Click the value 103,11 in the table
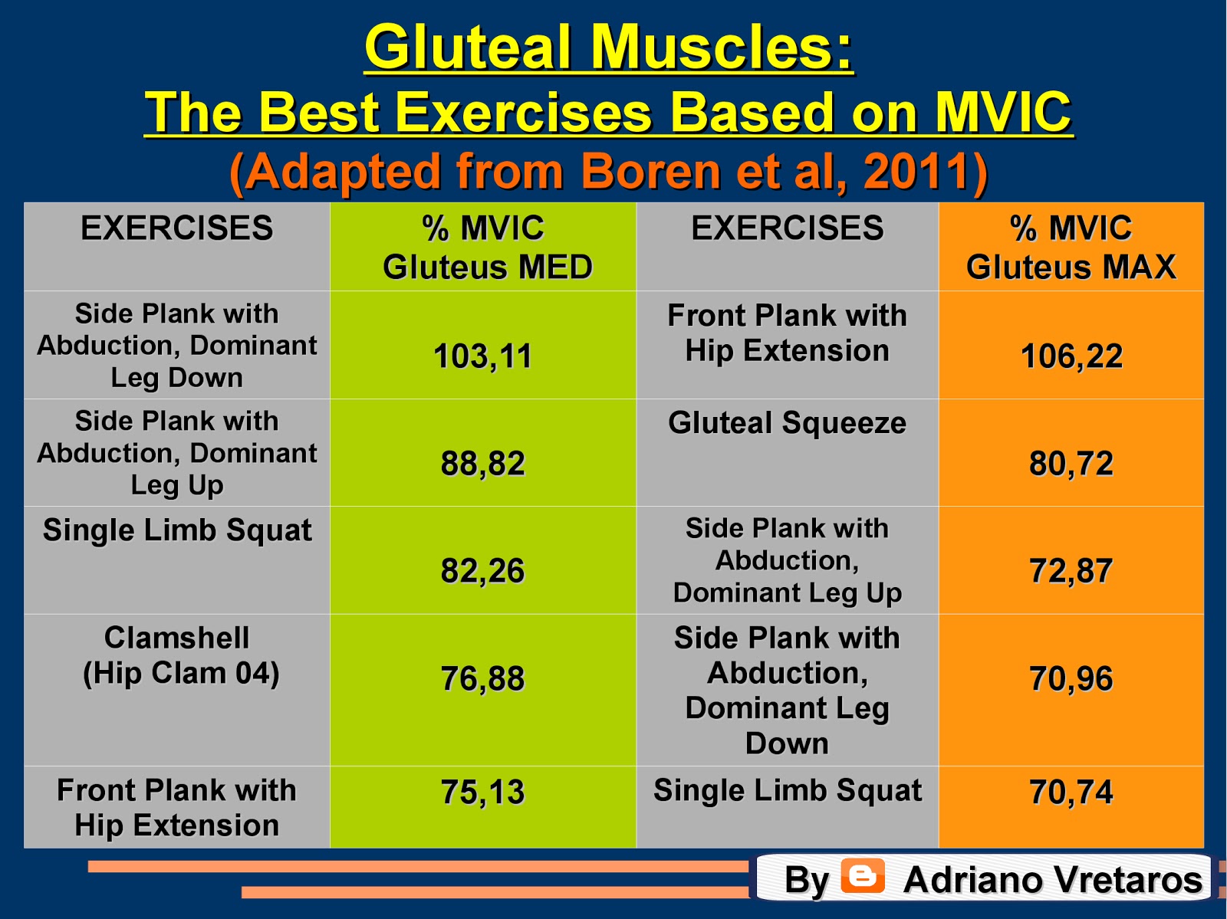pos(482,356)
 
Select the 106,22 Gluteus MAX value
pos(1071,356)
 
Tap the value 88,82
pos(482,464)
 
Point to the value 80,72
pos(1071,464)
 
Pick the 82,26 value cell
pos(482,571)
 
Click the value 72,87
pos(1071,571)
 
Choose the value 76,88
pos(482,679)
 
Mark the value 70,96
pos(1071,679)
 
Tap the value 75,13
pos(482,793)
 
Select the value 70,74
pos(1071,793)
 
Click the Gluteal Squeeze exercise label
pos(787,423)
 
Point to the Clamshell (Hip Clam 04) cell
pos(177,655)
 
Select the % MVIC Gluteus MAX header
pos(1071,248)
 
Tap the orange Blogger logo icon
pos(863,876)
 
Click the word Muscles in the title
pos(721,48)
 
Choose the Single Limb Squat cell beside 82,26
pos(177,530)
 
